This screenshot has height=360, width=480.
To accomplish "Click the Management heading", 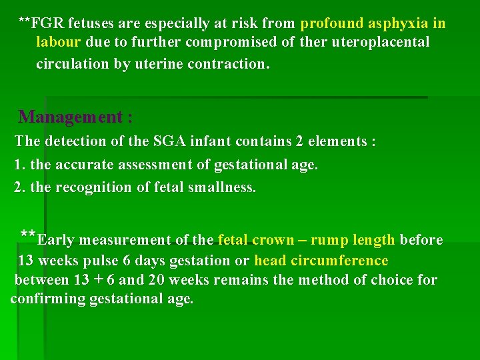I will tap(75, 117).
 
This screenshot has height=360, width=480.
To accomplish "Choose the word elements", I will tap(339, 141).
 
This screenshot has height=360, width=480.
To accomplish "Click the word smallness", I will tap(224, 187).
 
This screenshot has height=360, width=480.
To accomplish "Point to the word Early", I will tap(56, 240).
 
